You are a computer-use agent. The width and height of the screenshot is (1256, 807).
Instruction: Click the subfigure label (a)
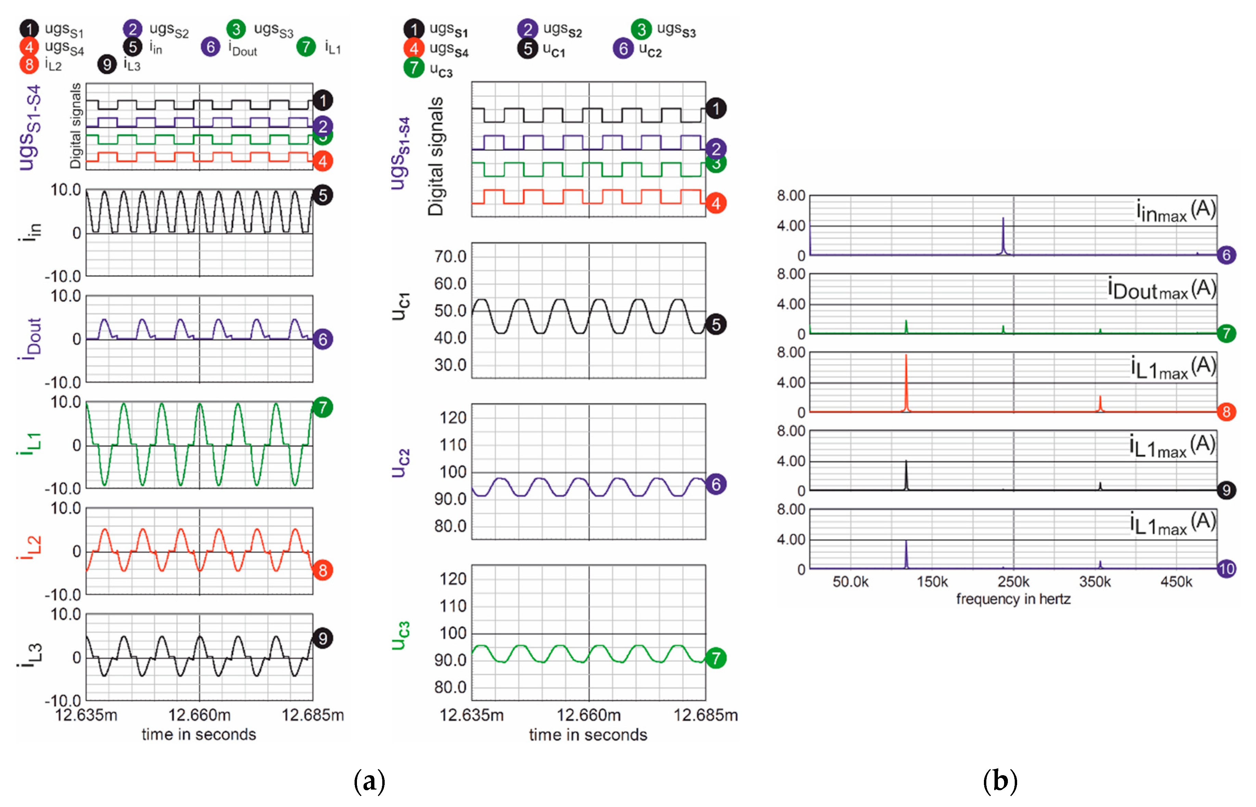coord(369,781)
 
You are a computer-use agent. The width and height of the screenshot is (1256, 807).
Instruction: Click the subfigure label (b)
coord(1000,781)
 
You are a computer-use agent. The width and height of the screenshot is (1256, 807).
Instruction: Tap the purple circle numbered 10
coord(1226,569)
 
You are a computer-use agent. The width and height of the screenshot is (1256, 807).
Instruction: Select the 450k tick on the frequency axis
coord(1176,582)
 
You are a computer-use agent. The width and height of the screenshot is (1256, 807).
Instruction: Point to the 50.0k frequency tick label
coord(850,582)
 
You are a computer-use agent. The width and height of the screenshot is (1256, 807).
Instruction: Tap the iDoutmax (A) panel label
coord(1161,289)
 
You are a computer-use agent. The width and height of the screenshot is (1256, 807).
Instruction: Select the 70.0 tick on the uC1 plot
coord(450,257)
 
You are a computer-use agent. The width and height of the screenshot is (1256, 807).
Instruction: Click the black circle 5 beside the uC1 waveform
coord(716,325)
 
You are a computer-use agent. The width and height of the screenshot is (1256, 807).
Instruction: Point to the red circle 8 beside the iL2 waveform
coord(322,570)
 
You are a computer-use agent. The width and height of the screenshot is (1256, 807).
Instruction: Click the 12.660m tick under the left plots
coord(199,715)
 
